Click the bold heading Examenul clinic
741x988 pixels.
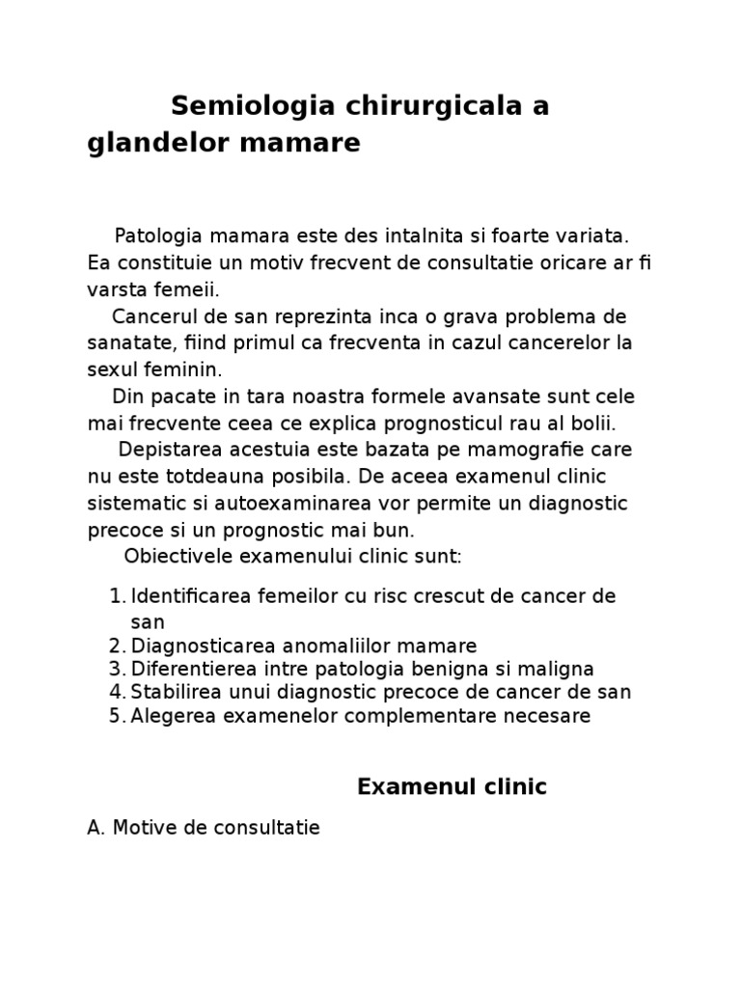pos(452,787)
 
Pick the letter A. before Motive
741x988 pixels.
pos(96,828)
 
